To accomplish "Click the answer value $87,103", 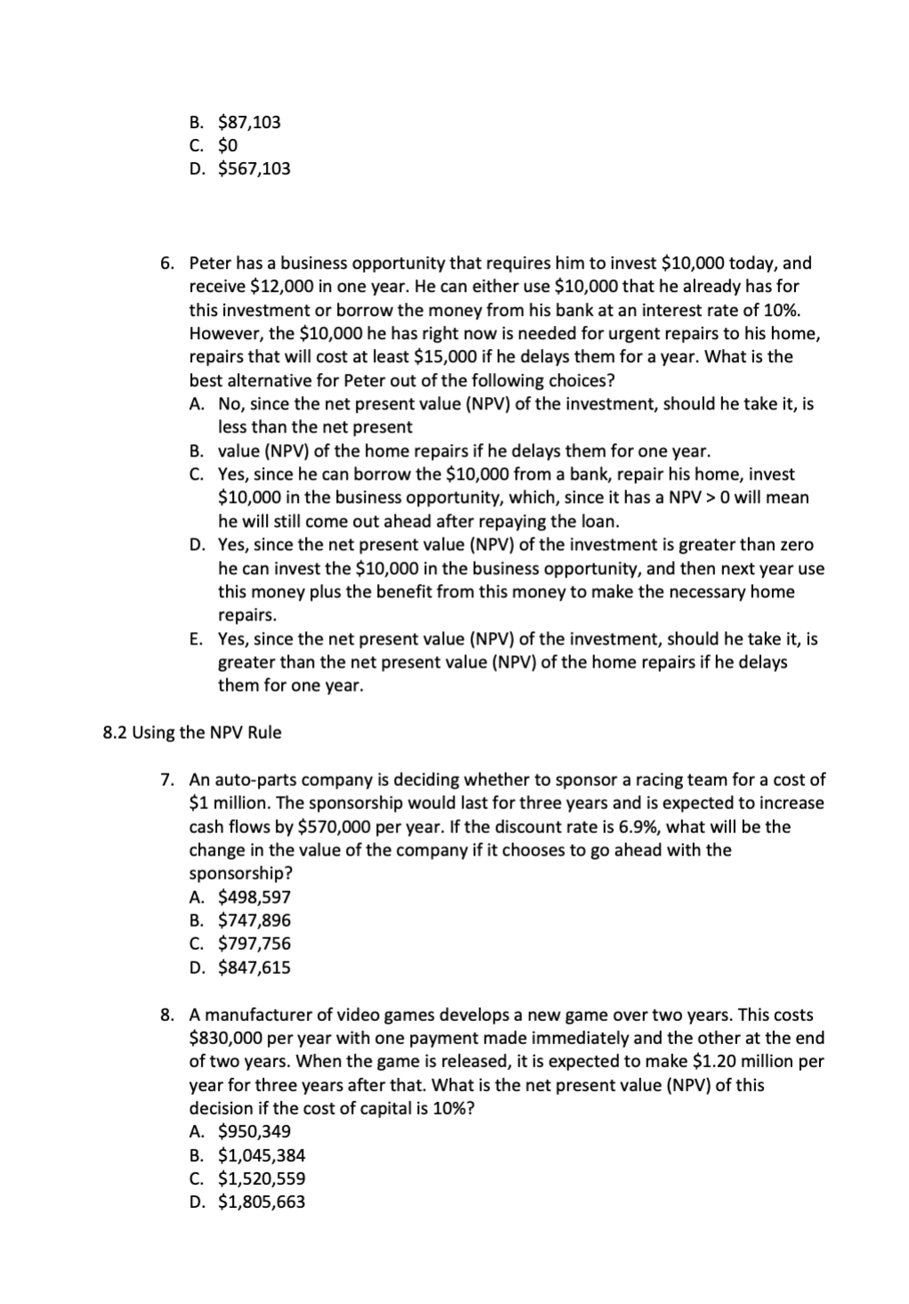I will click(x=249, y=122).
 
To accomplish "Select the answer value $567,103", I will click(x=253, y=168).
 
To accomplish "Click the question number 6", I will click(x=167, y=263).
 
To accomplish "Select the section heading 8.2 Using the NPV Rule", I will click(x=192, y=733).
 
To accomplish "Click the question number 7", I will click(x=167, y=780).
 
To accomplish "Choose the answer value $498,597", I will click(x=253, y=896).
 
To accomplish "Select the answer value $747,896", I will click(x=253, y=919).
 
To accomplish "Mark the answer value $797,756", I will click(x=253, y=943).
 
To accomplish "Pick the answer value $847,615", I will click(x=253, y=967).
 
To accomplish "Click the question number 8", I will click(x=167, y=1015).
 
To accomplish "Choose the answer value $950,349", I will click(x=253, y=1131).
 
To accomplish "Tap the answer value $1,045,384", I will click(x=261, y=1155).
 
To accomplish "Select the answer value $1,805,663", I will click(x=261, y=1202).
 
